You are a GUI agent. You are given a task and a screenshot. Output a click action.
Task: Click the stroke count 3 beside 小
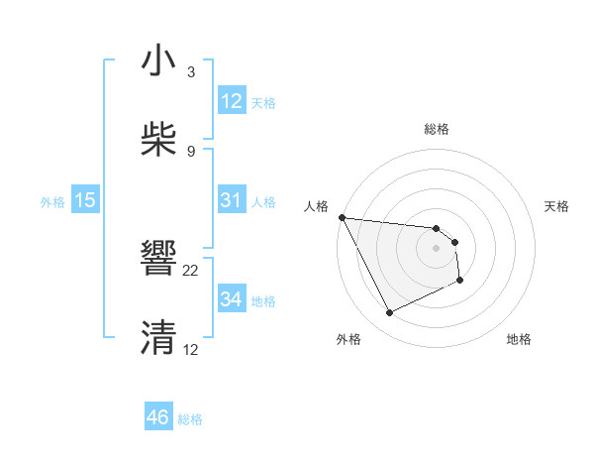[x=191, y=72]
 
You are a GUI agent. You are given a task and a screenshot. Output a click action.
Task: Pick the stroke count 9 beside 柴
[x=191, y=151]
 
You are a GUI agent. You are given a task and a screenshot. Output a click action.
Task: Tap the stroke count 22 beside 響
[x=191, y=270]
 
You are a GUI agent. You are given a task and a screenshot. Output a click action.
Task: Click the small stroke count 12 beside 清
[x=191, y=349]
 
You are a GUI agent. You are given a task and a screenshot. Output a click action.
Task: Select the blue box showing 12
[x=231, y=101]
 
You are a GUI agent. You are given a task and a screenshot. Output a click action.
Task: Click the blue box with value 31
[x=231, y=200]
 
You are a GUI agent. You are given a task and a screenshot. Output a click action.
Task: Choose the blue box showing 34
[x=231, y=299]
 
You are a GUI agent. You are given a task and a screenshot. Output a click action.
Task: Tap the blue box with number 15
[x=85, y=200]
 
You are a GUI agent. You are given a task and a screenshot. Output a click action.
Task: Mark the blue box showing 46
[x=158, y=417]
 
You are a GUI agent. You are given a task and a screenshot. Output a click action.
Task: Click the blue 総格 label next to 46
[x=190, y=419]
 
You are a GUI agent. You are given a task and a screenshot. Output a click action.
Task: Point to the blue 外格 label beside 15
[x=52, y=202]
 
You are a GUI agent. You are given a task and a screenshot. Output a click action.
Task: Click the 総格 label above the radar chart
[x=437, y=129]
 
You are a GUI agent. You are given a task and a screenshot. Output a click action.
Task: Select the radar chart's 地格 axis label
[x=519, y=340]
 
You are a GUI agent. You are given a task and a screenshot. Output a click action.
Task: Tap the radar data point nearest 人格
[x=342, y=217]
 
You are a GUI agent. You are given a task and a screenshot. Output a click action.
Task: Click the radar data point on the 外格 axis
[x=389, y=313]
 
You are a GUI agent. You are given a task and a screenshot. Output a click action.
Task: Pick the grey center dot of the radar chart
[x=437, y=248]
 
